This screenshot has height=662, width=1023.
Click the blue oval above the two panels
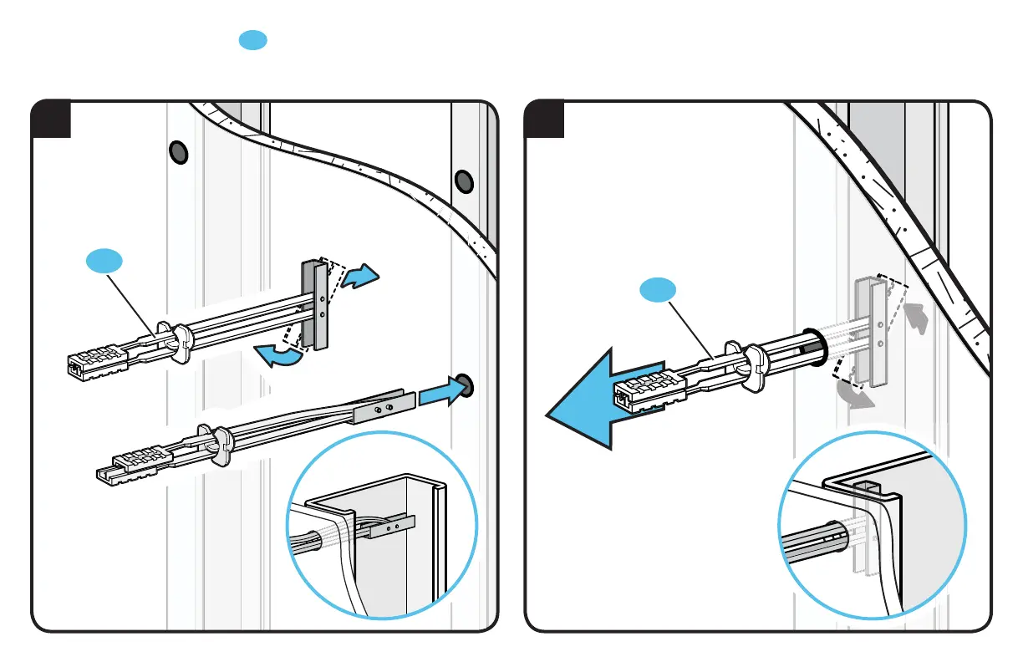point(253,39)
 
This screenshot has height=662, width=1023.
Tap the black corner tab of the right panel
point(544,119)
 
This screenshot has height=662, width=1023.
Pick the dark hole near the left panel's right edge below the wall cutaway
point(463,181)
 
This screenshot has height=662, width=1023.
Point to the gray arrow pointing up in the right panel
point(918,317)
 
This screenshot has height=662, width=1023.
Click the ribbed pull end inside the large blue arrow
point(646,392)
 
